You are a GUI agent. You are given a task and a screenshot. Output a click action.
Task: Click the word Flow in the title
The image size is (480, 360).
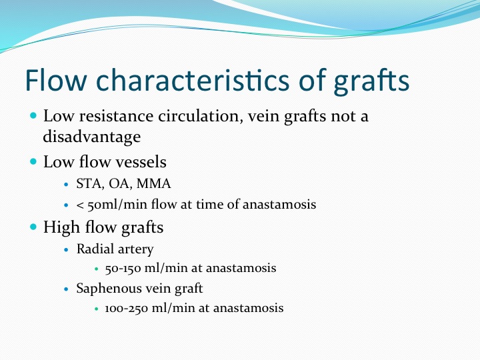coord(56,80)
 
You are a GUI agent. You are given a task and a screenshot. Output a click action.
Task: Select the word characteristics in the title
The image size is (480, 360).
coord(193,80)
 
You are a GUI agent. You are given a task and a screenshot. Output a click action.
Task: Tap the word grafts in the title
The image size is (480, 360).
coord(371,82)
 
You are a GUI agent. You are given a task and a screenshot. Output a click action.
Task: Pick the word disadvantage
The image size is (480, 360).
coord(92,137)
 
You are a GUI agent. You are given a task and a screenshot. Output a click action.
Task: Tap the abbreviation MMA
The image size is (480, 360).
coord(154,184)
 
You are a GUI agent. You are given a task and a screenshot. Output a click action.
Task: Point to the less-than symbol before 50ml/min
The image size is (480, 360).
coord(80,205)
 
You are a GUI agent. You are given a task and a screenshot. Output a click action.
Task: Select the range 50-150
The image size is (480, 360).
coord(123,269)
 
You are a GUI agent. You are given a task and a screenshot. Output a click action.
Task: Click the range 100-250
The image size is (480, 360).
coord(127,308)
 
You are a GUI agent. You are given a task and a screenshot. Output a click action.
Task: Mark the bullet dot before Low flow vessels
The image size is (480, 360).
coord(33,161)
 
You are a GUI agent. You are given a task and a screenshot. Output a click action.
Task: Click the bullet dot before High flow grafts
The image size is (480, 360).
coord(33,227)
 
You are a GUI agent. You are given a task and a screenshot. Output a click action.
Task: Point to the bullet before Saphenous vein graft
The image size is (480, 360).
coord(67,289)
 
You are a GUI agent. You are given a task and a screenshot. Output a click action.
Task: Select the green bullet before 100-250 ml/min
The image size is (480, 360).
coord(97,309)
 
